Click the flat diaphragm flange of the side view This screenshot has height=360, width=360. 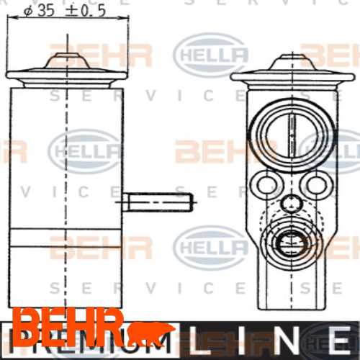[66, 74]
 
